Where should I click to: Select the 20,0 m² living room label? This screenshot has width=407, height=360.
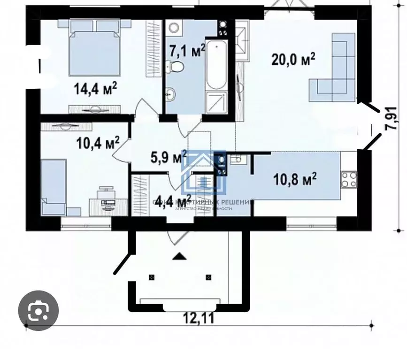pyautogui.click(x=293, y=60)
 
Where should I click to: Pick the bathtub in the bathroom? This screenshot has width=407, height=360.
pyautogui.click(x=216, y=65)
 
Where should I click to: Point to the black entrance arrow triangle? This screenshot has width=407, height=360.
pyautogui.click(x=179, y=256)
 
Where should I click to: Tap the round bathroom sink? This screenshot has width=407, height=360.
pyautogui.click(x=171, y=95)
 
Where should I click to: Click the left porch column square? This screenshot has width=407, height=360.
pyautogui.click(x=151, y=276)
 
